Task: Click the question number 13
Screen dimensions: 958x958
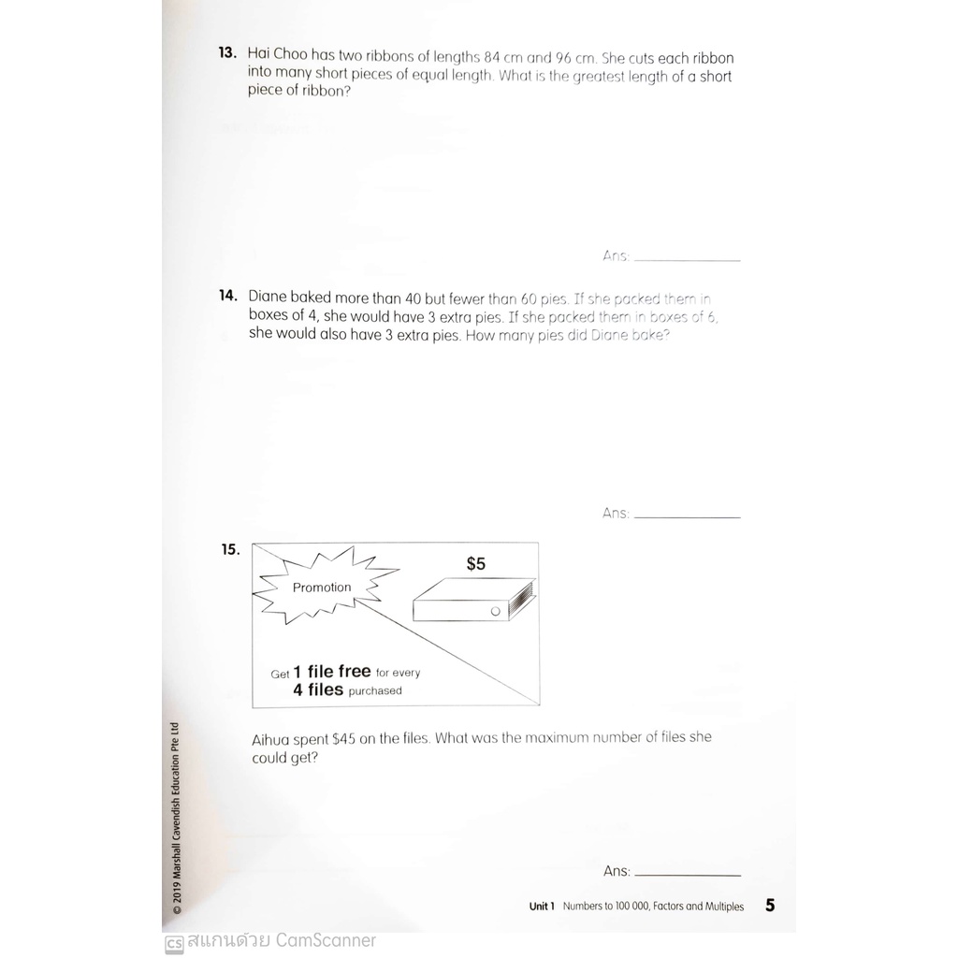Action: pyautogui.click(x=227, y=52)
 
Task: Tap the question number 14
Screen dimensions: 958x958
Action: pyautogui.click(x=228, y=296)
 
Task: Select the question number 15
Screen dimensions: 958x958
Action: pyautogui.click(x=230, y=550)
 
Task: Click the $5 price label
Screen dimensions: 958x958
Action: pyautogui.click(x=476, y=563)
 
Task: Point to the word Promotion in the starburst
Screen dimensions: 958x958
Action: pyautogui.click(x=322, y=588)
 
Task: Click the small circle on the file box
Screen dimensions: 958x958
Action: pyautogui.click(x=496, y=611)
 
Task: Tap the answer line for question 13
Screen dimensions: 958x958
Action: pyautogui.click(x=688, y=261)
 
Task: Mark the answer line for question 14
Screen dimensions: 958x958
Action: pyautogui.click(x=688, y=517)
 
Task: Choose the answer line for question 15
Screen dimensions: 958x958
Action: pyautogui.click(x=688, y=875)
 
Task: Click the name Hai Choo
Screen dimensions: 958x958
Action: pyautogui.click(x=277, y=54)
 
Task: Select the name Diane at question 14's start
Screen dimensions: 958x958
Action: pyautogui.click(x=268, y=297)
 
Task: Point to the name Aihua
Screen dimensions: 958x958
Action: pyautogui.click(x=270, y=740)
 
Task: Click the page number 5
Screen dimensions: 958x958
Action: pyautogui.click(x=770, y=905)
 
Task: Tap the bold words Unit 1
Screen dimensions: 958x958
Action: pyautogui.click(x=542, y=906)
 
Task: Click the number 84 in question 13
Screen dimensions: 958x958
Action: pyautogui.click(x=492, y=58)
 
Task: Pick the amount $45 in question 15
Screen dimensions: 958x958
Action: pyautogui.click(x=343, y=739)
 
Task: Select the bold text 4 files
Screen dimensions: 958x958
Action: pyautogui.click(x=318, y=689)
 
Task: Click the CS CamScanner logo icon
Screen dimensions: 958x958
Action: pyautogui.click(x=174, y=943)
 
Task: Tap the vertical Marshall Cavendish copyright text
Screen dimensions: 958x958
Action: pyautogui.click(x=176, y=818)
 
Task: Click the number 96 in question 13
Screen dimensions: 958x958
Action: pyautogui.click(x=563, y=59)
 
